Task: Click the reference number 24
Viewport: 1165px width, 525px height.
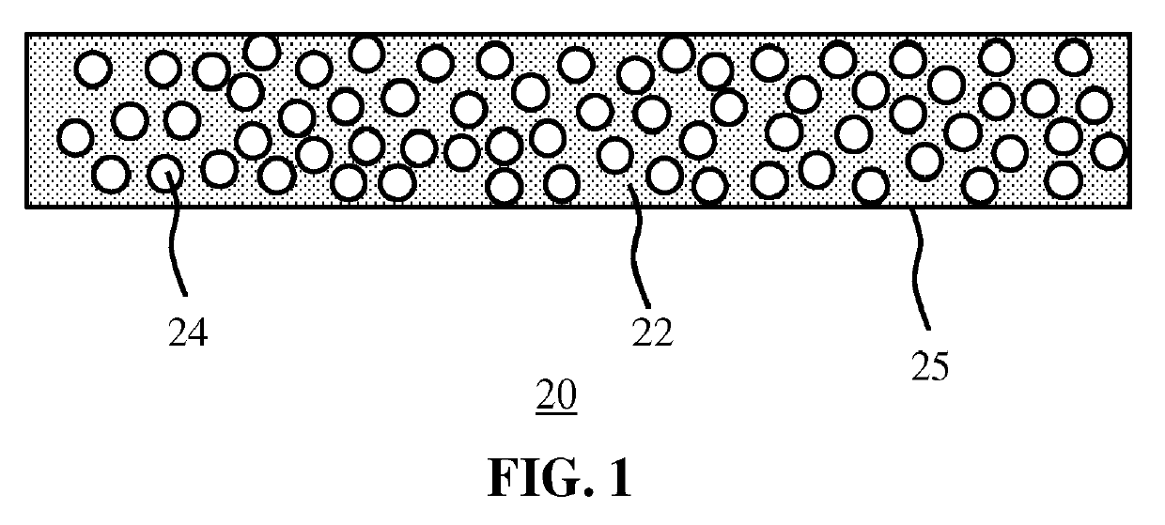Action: coord(187,333)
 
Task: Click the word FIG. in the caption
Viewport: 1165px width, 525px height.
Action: coord(533,479)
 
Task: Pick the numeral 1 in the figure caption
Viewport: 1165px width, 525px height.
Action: coord(619,479)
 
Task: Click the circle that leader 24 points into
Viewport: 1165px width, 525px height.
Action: coord(165,172)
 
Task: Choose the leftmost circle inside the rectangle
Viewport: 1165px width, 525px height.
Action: coord(75,137)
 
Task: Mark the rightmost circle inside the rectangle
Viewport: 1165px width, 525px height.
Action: coord(1110,150)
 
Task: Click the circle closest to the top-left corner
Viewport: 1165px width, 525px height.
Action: coord(94,69)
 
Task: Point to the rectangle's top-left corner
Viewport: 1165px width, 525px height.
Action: coord(26,36)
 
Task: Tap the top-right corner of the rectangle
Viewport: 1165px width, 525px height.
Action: coord(1129,36)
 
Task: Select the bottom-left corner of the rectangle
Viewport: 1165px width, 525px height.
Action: coord(26,207)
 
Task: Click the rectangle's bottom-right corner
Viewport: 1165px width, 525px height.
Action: coord(1129,207)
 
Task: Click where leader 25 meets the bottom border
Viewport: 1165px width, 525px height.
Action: coord(908,208)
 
